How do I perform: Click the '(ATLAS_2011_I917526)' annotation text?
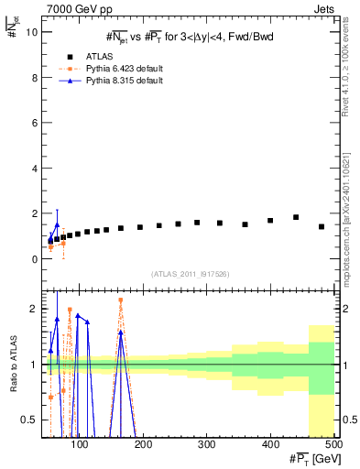189,273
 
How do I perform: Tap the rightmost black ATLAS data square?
322,226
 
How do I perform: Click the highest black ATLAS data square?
296,217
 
